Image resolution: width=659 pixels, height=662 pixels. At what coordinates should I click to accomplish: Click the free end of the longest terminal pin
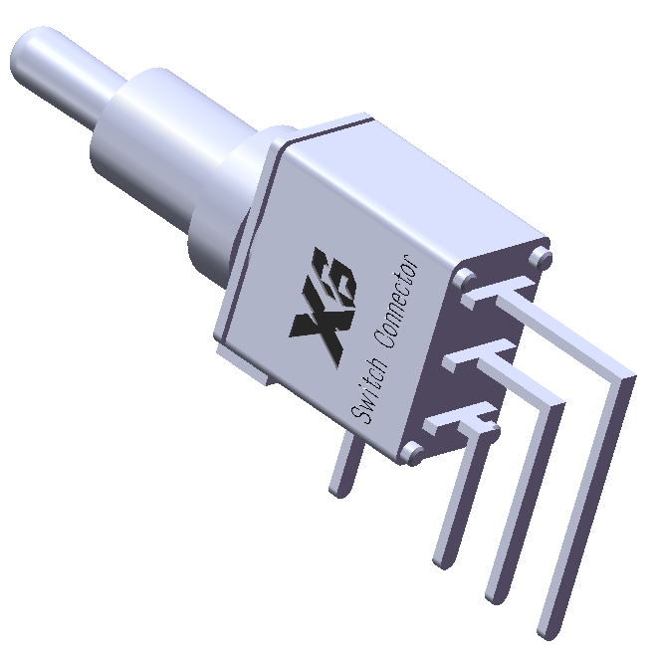(x=545, y=630)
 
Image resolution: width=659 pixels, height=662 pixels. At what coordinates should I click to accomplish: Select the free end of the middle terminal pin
(x=494, y=596)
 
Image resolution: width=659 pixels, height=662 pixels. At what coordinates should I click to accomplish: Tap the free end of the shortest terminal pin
(x=441, y=560)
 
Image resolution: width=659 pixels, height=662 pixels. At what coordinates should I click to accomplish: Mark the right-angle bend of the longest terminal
(x=623, y=375)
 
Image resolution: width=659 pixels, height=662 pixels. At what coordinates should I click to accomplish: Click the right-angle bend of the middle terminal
(x=552, y=403)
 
